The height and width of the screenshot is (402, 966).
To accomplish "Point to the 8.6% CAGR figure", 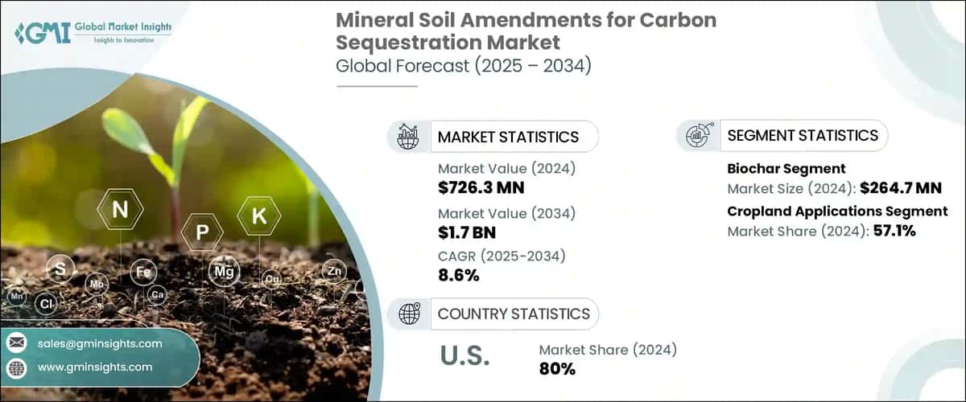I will coord(459,275).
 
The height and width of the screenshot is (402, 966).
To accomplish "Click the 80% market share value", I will coord(557,368).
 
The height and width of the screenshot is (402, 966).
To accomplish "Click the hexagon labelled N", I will coord(120,211).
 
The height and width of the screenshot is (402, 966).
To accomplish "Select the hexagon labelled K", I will coord(258,215).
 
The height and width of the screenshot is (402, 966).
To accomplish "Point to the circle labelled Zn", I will coord(334,272).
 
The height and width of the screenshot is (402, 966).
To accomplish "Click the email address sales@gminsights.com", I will coord(100,343).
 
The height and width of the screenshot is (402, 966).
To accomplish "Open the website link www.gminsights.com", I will coord(95,367).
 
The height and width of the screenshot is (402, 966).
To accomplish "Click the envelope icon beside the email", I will coord(16,343).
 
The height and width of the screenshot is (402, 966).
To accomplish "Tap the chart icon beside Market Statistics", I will coord(408,136).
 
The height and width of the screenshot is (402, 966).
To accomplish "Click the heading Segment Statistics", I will coord(802,135).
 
